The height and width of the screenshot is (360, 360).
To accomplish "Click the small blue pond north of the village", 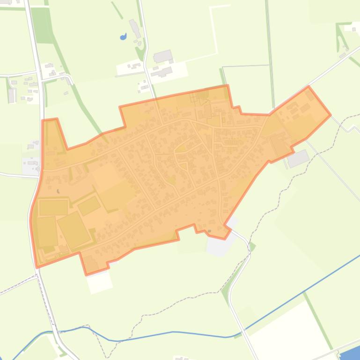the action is (124, 36).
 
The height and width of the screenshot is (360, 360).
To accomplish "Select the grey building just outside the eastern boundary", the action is (298, 158).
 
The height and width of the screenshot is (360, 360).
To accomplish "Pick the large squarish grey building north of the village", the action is (162, 56).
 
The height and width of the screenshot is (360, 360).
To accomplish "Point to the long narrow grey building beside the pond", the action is (135, 29).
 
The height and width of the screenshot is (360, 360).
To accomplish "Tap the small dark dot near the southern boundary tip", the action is (209, 231).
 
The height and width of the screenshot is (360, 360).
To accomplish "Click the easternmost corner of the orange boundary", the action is (331, 114).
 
